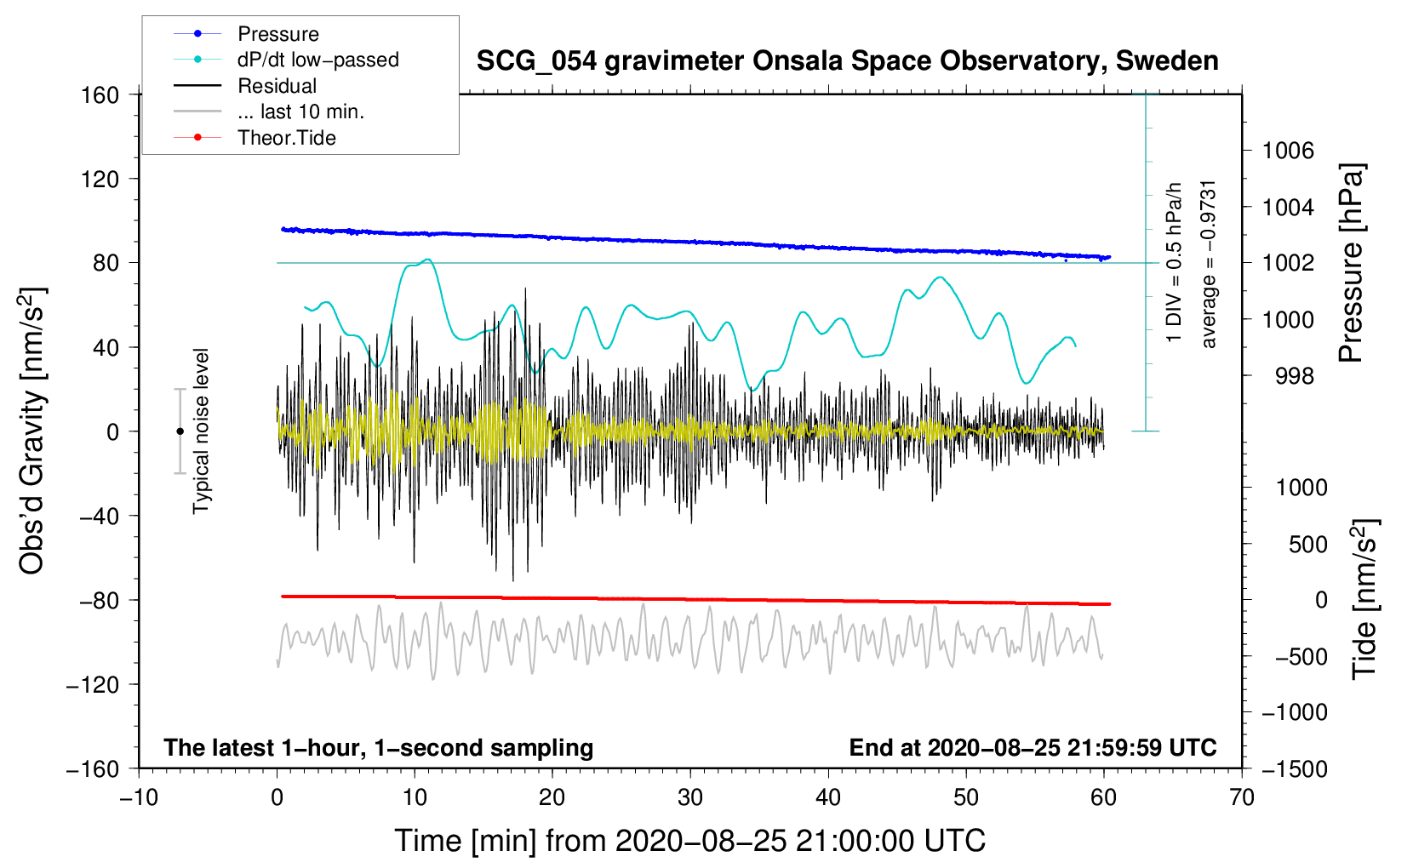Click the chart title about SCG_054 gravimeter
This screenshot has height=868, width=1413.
pyautogui.click(x=847, y=61)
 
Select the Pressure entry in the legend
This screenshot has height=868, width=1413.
pyautogui.click(x=277, y=34)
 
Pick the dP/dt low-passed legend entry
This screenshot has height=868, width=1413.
pyautogui.click(x=317, y=60)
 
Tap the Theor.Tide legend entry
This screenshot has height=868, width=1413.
pyautogui.click(x=286, y=138)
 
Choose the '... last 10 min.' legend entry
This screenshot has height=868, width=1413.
pyautogui.click(x=300, y=111)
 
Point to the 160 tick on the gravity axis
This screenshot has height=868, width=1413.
pyautogui.click(x=100, y=94)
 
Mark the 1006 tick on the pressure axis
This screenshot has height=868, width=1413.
pyautogui.click(x=1288, y=151)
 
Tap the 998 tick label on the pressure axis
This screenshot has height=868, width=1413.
pyautogui.click(x=1294, y=375)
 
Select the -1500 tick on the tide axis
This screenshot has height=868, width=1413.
pyautogui.click(x=1294, y=768)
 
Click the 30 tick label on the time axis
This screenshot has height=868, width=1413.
pyautogui.click(x=689, y=797)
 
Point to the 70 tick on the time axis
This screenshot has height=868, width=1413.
pyautogui.click(x=1241, y=797)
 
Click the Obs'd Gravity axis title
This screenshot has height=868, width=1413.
pyautogui.click(x=32, y=431)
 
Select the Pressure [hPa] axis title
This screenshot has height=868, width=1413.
pyautogui.click(x=1351, y=264)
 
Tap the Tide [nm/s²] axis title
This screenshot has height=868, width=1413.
pyautogui.click(x=1364, y=598)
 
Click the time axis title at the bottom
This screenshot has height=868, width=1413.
pyautogui.click(x=689, y=841)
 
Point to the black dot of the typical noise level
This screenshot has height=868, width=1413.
pyautogui.click(x=180, y=431)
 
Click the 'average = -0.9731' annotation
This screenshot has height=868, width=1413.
pyautogui.click(x=1209, y=264)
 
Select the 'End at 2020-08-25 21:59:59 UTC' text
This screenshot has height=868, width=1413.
pyautogui.click(x=1033, y=747)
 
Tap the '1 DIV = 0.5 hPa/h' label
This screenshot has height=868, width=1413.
pyautogui.click(x=1175, y=262)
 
